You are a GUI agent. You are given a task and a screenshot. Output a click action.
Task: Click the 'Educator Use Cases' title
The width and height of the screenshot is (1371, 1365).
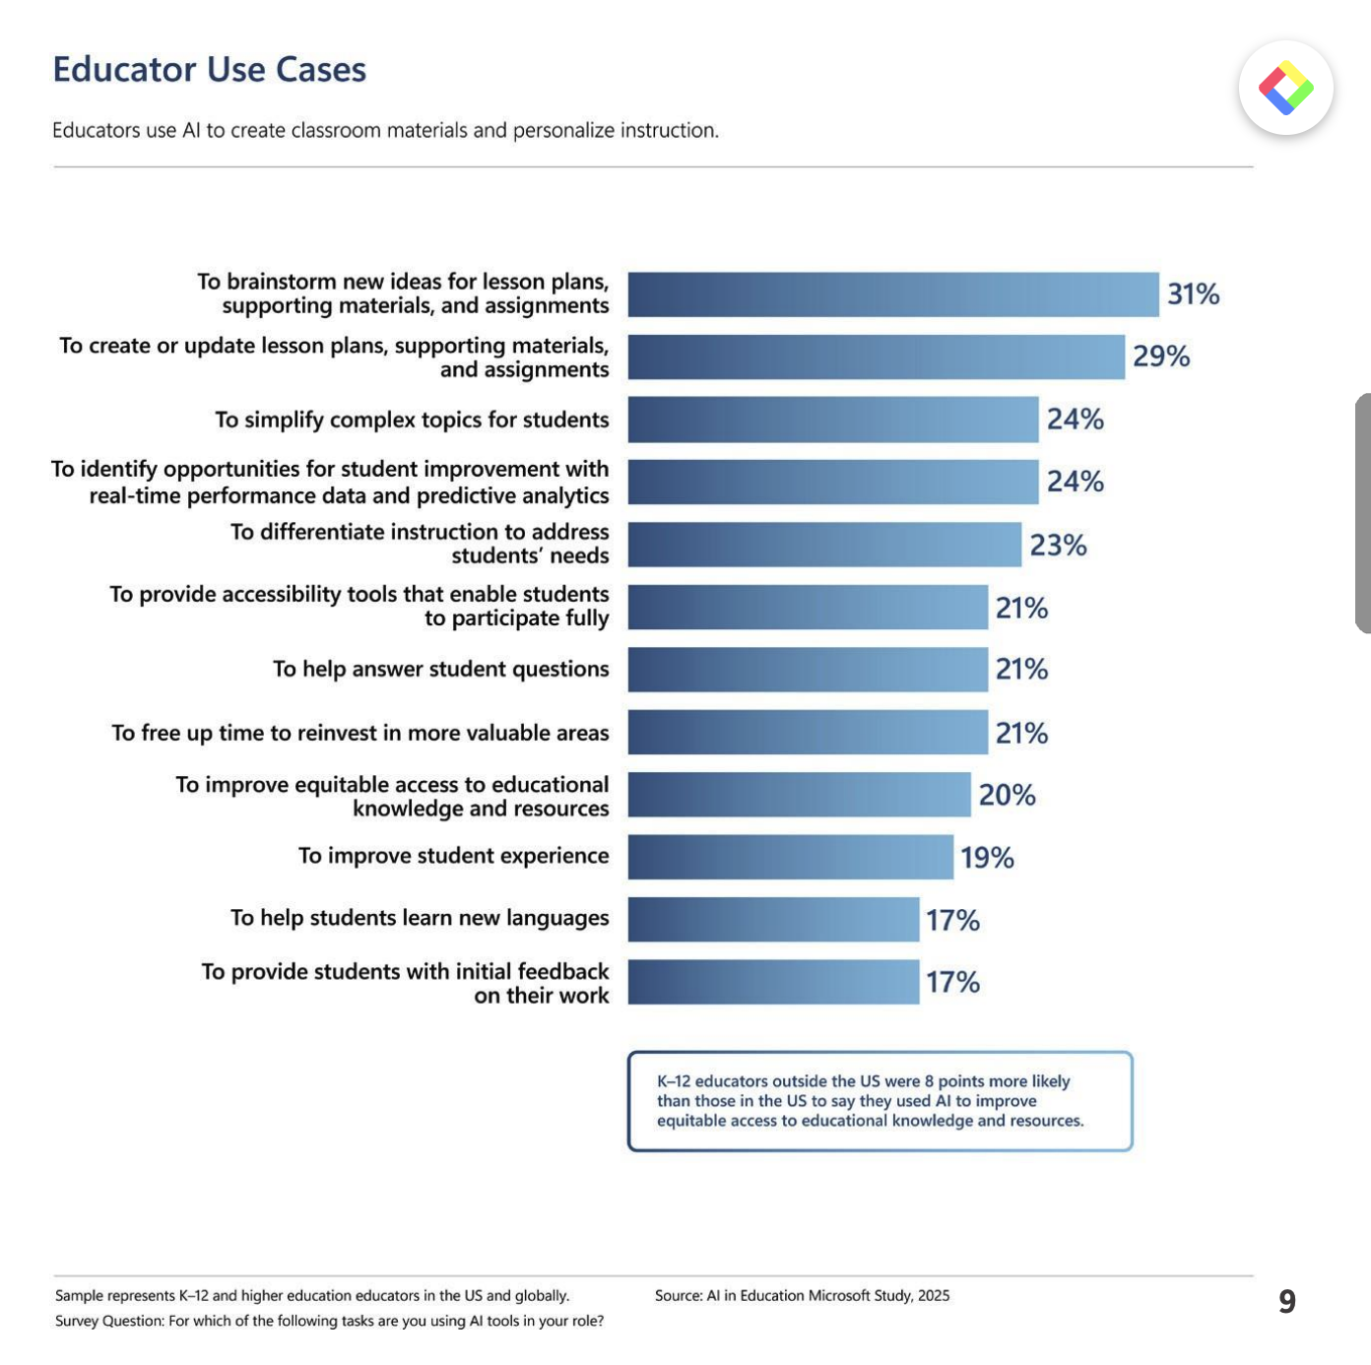pos(209,70)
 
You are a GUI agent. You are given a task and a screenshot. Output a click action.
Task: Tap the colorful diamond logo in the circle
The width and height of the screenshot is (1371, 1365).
pos(1285,89)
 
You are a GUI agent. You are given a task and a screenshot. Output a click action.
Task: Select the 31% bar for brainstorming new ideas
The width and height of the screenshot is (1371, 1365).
pos(892,294)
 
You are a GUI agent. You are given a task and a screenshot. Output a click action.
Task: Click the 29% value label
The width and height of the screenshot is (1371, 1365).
pos(1161,357)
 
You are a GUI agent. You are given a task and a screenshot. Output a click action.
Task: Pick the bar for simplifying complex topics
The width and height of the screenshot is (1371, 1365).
pos(832,420)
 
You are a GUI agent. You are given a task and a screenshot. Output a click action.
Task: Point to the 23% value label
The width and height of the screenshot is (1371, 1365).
pos(1058,545)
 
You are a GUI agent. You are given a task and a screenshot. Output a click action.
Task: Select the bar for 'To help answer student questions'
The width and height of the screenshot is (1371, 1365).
pos(808,670)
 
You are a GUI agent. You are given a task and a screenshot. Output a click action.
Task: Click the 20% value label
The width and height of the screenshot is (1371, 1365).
pos(1007,795)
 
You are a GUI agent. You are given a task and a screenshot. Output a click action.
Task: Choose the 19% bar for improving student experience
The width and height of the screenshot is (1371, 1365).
pos(790,857)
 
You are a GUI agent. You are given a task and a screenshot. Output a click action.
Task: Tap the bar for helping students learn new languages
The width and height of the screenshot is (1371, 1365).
pos(773,920)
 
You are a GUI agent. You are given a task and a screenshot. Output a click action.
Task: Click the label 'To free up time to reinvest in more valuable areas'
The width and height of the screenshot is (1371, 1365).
pos(360,733)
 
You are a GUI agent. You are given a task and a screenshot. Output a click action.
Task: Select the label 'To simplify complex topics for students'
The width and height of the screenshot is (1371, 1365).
pos(412,420)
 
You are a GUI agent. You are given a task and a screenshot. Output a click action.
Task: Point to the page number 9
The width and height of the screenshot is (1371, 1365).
pos(1286,1301)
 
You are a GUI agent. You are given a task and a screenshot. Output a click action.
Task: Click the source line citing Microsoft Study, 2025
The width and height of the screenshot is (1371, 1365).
pos(802,1295)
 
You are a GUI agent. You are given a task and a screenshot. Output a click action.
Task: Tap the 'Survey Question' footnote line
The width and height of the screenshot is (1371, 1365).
pos(329,1321)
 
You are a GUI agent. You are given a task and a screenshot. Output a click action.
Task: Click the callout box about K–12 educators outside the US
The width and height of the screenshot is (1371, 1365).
pos(880,1101)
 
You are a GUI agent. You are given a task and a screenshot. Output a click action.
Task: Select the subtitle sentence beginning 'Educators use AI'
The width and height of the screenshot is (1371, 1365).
pos(385,130)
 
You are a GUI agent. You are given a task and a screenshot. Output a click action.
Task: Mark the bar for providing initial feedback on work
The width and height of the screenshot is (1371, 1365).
pos(773,982)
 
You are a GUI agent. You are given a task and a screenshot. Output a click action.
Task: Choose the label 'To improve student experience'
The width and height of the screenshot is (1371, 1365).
pos(453,856)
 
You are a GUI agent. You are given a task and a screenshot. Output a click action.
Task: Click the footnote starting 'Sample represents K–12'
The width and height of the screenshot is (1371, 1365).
pos(312,1295)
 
